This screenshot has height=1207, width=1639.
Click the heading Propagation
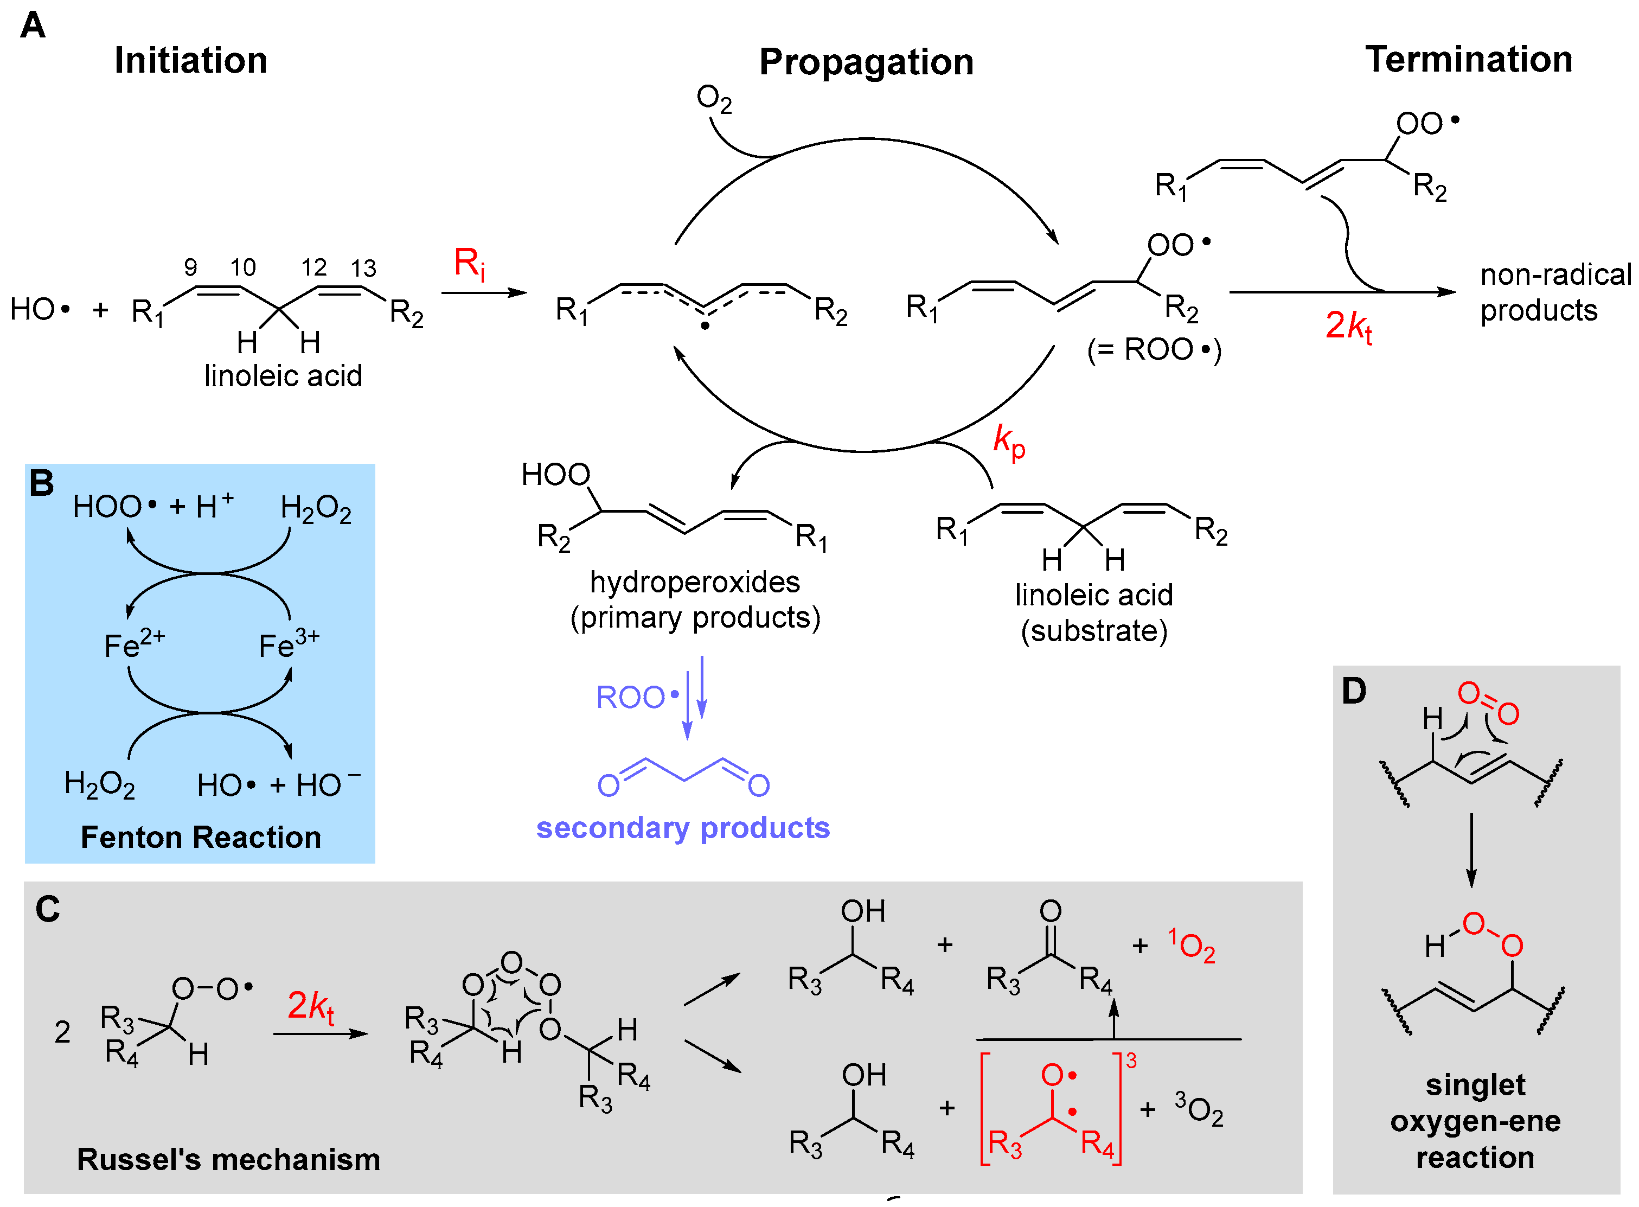click(x=866, y=62)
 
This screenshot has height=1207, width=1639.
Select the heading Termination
click(x=1468, y=59)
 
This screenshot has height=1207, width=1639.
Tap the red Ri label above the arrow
click(x=469, y=264)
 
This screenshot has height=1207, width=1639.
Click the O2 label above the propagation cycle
click(x=714, y=99)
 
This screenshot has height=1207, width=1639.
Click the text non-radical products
click(x=1554, y=292)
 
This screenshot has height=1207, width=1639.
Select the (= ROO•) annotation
click(x=1154, y=350)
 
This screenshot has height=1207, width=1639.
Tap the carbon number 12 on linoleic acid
click(x=313, y=267)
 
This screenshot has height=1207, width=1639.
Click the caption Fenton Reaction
click(x=201, y=836)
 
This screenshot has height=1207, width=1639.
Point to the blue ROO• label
click(x=637, y=697)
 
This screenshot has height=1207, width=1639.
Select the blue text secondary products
click(x=683, y=828)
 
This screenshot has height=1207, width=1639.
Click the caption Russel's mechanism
click(x=229, y=1159)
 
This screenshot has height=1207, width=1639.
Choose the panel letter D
click(x=1353, y=691)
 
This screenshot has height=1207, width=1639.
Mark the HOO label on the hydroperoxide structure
click(x=555, y=475)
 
